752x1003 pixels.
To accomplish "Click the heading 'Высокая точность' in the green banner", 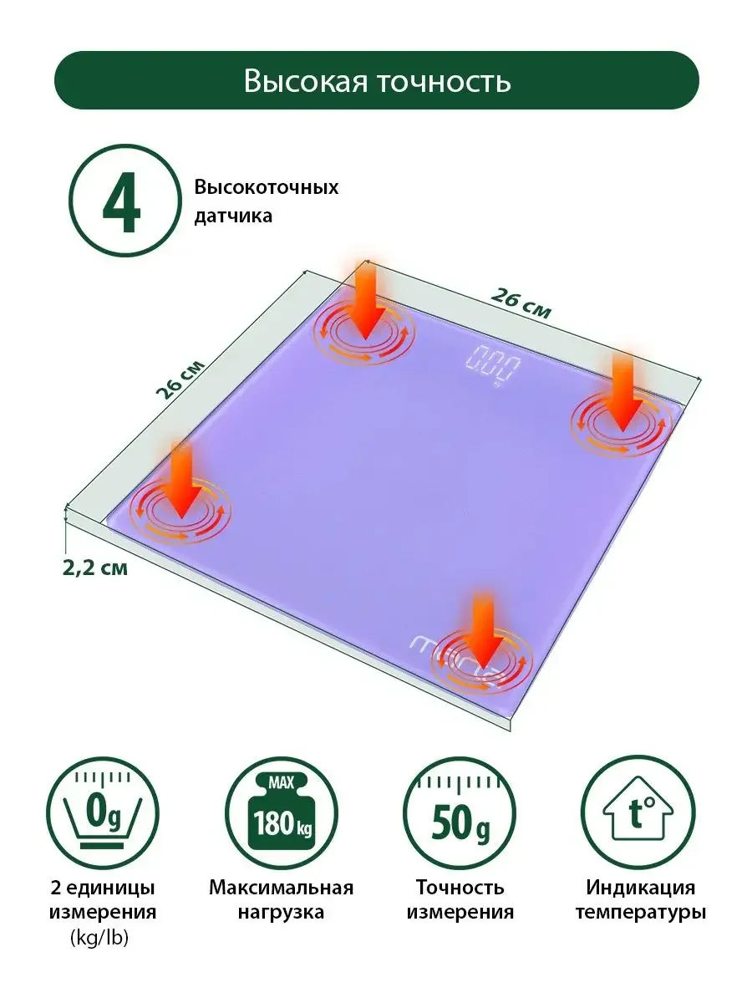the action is click(377, 81).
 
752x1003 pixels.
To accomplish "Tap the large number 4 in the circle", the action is click(121, 201).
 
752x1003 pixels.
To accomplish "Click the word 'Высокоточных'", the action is click(267, 188).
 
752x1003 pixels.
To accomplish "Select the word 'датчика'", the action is click(233, 216).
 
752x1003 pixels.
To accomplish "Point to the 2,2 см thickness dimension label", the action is click(95, 568).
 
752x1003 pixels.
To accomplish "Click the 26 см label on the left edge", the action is click(179, 379).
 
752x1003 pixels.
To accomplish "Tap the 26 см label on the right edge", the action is click(521, 303).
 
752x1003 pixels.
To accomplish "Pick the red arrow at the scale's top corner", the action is click(365, 302).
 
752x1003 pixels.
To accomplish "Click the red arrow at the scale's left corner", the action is click(182, 481).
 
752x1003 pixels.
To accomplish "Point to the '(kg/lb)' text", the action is click(100, 938).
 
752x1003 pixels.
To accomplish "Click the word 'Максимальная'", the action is click(282, 888).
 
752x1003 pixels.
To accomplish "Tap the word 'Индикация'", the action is click(641, 888).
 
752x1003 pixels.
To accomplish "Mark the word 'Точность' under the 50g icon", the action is click(460, 888).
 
